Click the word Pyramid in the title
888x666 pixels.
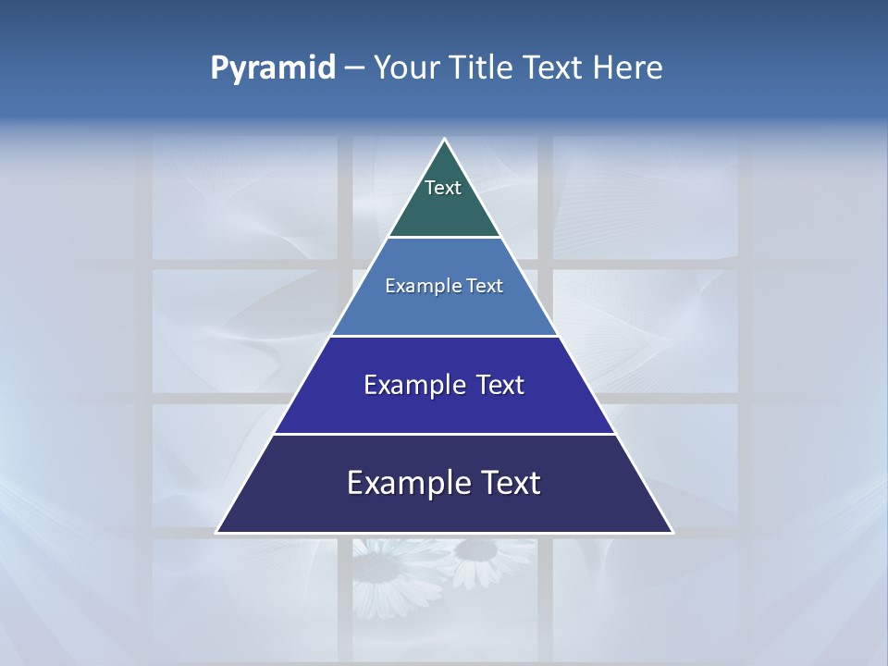coord(273,68)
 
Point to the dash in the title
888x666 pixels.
coord(353,68)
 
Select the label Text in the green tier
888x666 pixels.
coord(443,188)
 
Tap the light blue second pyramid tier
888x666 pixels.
coord(444,310)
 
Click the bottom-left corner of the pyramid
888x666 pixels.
coord(218,531)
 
